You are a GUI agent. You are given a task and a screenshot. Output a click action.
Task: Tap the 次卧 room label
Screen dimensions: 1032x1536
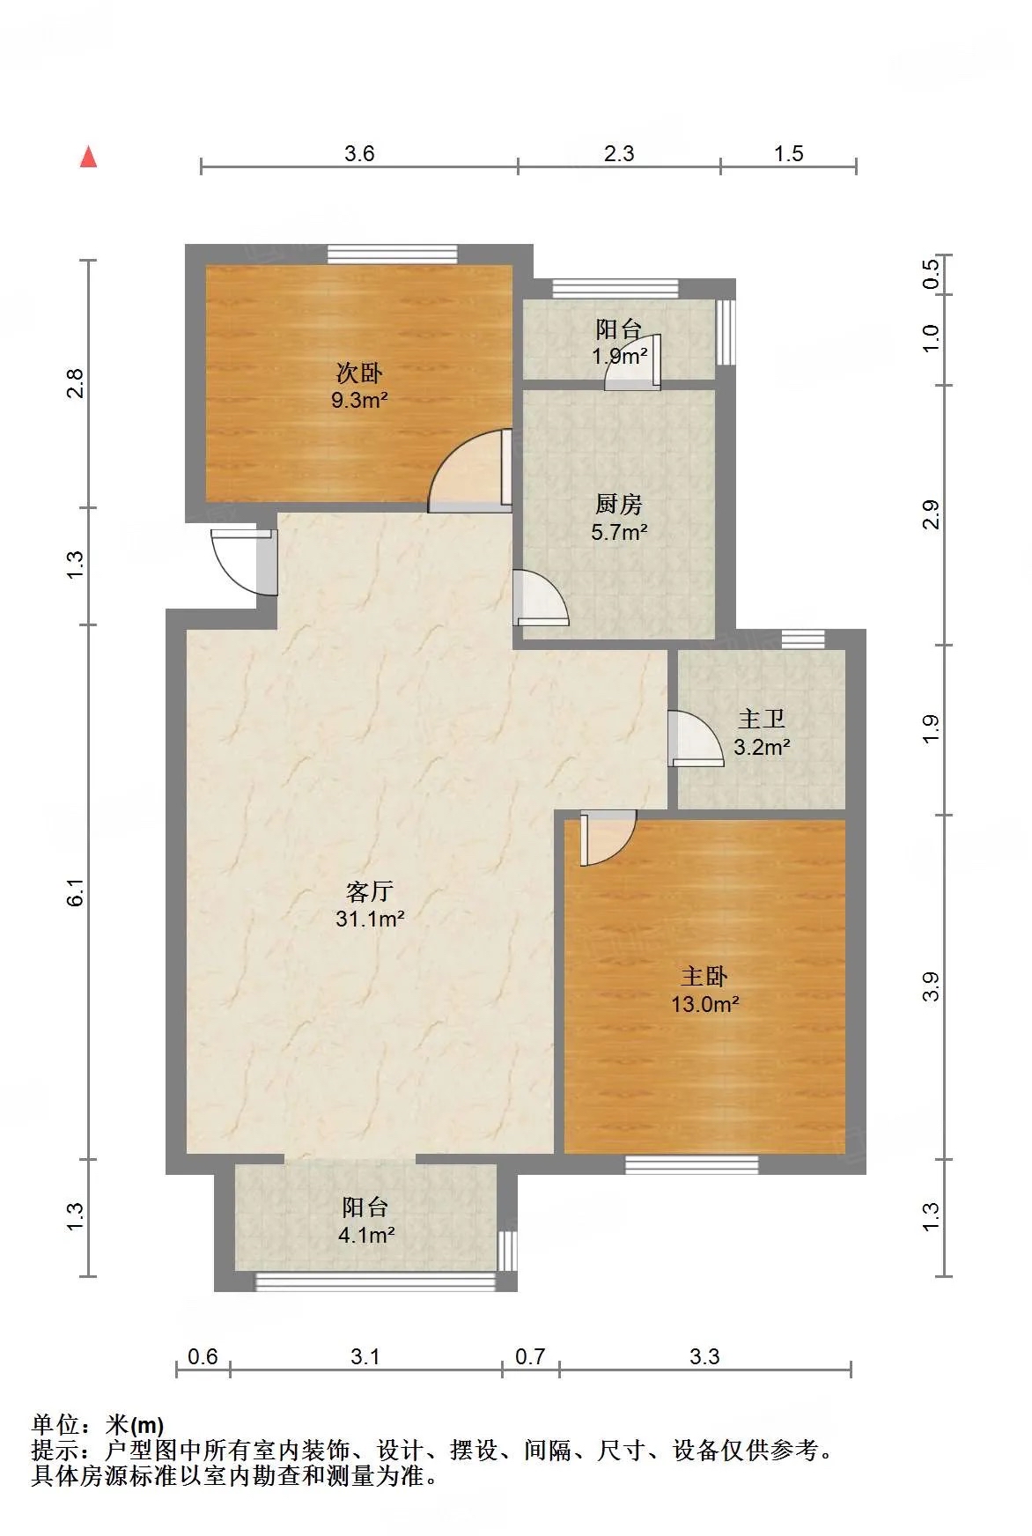(359, 373)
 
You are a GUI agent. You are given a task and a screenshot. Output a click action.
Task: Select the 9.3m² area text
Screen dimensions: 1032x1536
(359, 401)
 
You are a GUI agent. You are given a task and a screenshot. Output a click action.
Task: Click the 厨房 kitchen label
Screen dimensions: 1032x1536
(619, 505)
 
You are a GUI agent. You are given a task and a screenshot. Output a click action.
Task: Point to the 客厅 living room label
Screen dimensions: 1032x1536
(369, 891)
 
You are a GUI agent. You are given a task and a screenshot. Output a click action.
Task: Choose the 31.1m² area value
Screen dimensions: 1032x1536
(370, 919)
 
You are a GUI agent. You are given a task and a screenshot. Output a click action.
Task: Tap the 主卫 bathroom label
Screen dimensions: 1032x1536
(762, 720)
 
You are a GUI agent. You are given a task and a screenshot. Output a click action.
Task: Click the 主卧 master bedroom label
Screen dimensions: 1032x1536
(704, 976)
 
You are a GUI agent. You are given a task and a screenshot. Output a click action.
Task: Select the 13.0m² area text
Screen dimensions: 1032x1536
(704, 1004)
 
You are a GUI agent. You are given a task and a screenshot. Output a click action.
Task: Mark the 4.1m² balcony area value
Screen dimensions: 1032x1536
(365, 1236)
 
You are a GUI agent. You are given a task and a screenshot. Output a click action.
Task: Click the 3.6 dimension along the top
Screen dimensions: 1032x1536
(359, 153)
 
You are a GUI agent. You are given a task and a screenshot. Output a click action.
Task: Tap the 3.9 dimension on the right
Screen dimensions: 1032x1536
(931, 987)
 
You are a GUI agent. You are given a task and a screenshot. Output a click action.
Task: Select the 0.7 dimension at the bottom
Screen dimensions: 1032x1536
(530, 1356)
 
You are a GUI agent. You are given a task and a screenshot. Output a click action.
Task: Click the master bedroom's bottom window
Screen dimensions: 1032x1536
(692, 1164)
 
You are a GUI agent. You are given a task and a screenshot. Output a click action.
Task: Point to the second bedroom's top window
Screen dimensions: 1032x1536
(393, 255)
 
